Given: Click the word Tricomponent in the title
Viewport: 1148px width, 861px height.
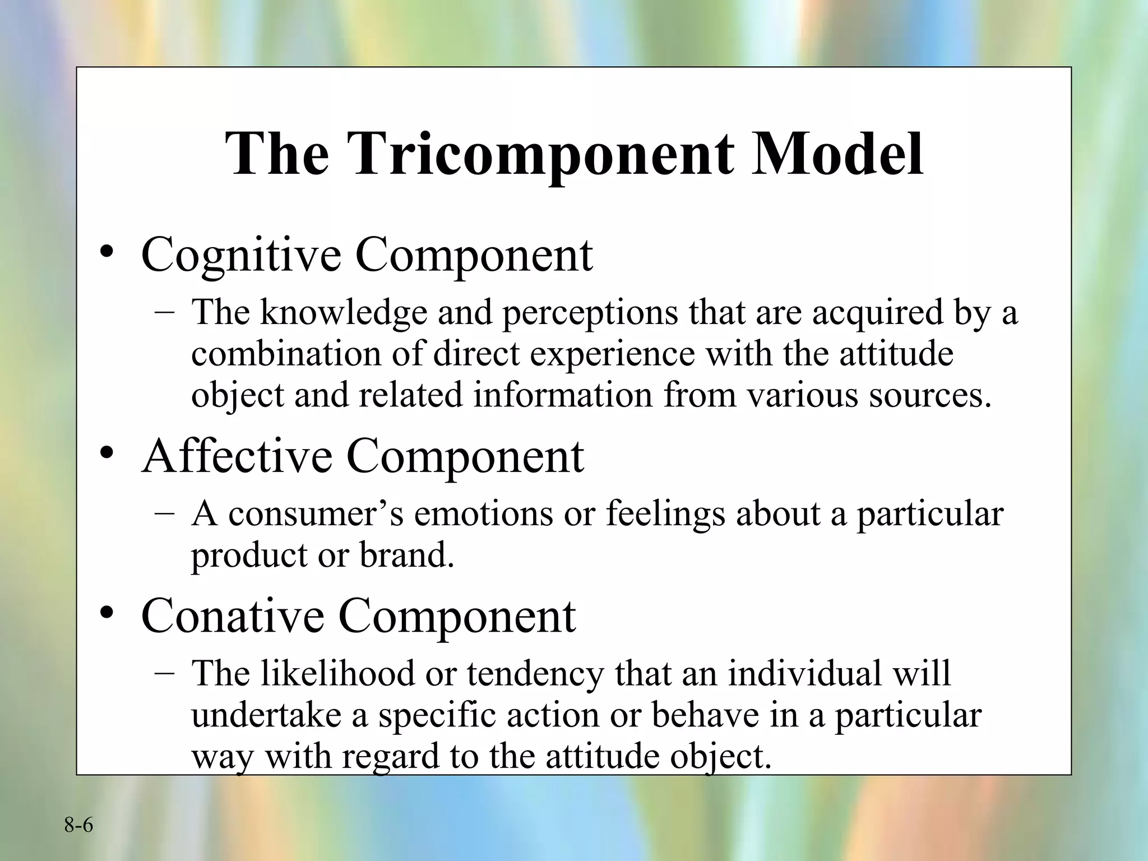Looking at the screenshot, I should (539, 154).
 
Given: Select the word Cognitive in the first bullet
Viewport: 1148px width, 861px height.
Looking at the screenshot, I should (241, 255).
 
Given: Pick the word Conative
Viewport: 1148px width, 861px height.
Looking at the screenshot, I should (233, 615).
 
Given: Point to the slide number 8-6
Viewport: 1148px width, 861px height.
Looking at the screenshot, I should (78, 825).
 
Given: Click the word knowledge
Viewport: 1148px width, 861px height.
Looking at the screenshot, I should (343, 313).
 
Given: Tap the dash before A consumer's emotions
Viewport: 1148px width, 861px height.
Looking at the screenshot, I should (164, 513).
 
